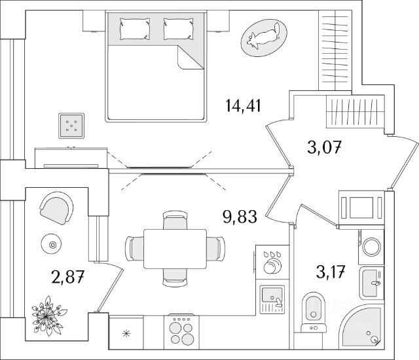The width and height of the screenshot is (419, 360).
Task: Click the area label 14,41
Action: tap(243, 106)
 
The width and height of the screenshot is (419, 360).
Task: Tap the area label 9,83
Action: tap(240, 217)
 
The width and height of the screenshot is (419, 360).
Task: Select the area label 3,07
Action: tap(325, 147)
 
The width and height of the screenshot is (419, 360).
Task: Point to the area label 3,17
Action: tap(331, 272)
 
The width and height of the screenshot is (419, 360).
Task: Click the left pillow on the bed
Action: tap(135, 29)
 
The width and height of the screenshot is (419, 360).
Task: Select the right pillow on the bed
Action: tap(178, 29)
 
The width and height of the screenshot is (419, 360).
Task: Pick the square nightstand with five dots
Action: tap(71, 126)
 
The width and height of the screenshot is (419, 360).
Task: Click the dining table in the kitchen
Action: tap(175, 249)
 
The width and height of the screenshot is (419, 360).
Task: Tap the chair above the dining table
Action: tap(175, 220)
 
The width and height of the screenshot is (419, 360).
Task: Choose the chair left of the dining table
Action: tap(134, 249)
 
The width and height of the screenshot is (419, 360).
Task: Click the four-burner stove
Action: tap(181, 331)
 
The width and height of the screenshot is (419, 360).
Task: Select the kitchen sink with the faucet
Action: tap(272, 299)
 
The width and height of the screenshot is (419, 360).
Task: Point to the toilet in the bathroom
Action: tap(314, 312)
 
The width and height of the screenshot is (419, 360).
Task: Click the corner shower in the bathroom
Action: tap(361, 327)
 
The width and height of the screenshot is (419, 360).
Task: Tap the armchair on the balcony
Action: tap(57, 208)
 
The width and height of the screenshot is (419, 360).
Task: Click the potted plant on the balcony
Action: tap(48, 315)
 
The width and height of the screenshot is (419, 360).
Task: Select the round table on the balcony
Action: tap(51, 244)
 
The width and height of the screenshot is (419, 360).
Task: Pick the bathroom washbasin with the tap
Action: tap(372, 283)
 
